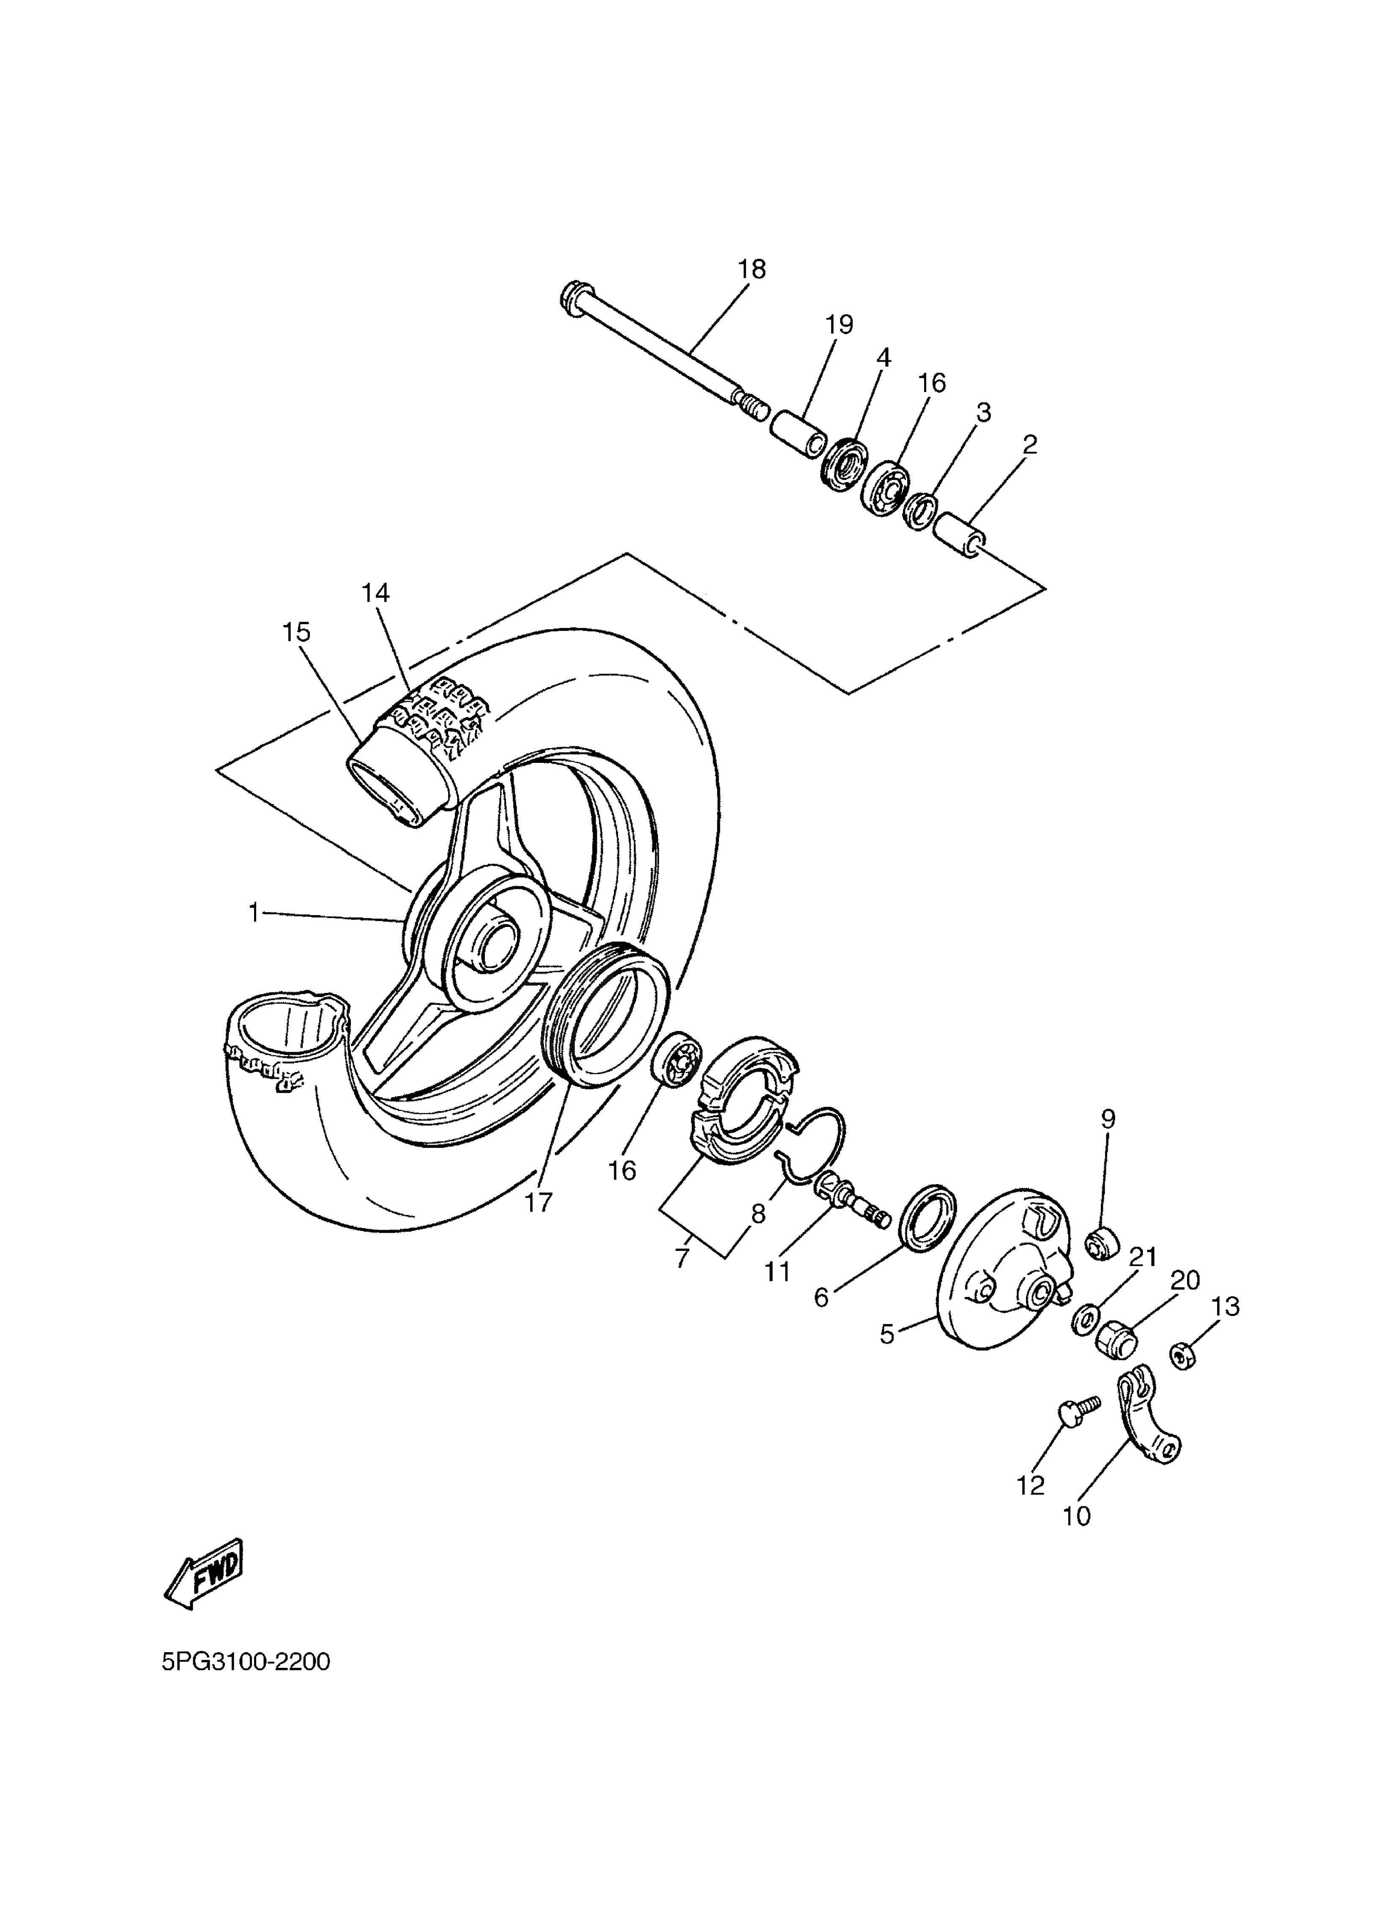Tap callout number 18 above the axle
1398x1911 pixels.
pos(751,269)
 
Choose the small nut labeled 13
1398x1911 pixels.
pos(1183,1357)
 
